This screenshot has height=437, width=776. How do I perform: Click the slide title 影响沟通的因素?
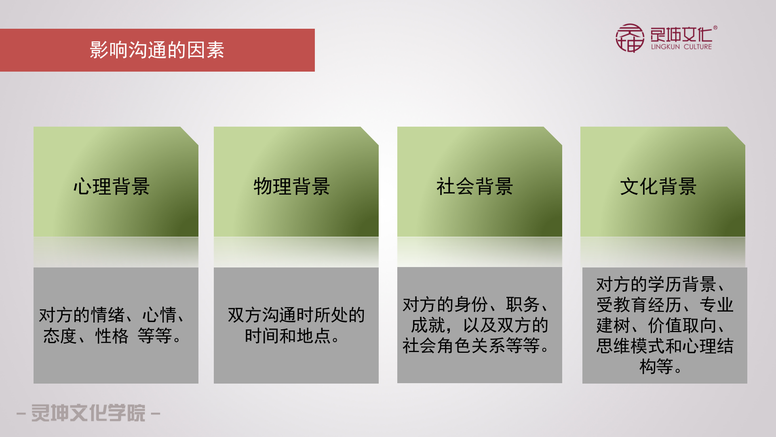point(157,50)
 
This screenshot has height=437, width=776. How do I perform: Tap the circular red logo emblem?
point(629,38)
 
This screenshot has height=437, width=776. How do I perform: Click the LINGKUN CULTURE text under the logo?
point(681,47)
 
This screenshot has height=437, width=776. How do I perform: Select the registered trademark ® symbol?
point(715,28)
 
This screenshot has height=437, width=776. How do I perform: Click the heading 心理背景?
point(112,187)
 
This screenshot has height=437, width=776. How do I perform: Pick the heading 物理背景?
point(292,187)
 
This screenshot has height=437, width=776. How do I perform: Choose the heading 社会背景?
point(474,187)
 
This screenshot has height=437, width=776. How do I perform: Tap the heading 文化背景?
point(658,187)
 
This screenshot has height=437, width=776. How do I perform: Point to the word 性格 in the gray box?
point(112,336)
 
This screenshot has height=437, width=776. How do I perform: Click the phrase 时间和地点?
point(287,336)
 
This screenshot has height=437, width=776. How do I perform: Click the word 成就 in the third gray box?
point(428,325)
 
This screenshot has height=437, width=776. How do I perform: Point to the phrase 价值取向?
point(682,325)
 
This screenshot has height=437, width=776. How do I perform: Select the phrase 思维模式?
point(622,346)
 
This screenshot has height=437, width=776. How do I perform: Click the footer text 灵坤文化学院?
point(88,413)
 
